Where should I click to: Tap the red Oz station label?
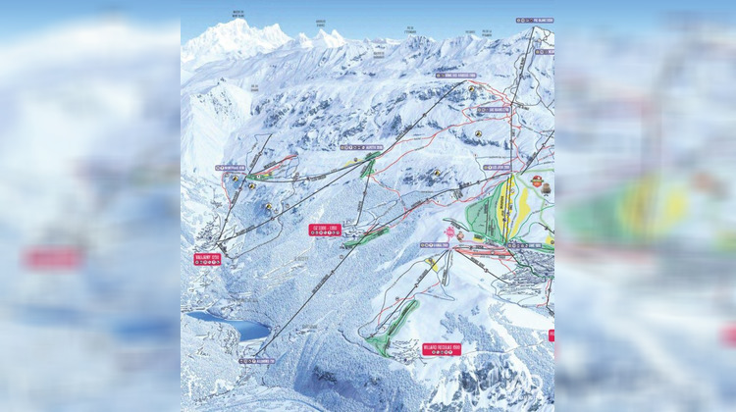[325, 229]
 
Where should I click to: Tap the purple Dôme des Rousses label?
[455, 75]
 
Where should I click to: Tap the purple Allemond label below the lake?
[258, 361]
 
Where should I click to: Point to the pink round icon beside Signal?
[450, 232]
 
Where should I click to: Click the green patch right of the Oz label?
[366, 236]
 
